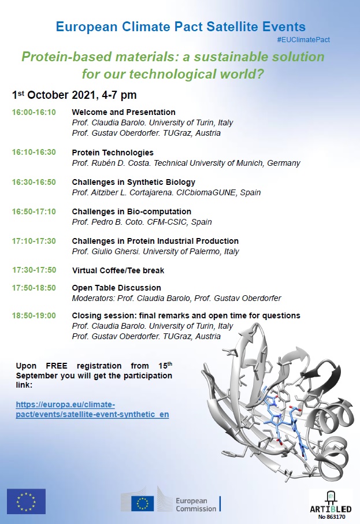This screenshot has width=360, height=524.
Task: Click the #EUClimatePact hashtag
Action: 303,40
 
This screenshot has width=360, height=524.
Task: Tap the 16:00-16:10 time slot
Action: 34,112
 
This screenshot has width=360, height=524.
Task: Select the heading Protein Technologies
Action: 113,153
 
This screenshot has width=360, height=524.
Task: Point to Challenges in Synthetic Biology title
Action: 133,182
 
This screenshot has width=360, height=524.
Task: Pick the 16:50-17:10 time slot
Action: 34,211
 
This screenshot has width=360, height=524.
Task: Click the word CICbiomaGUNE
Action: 231,192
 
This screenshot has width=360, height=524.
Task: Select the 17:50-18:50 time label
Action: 34,288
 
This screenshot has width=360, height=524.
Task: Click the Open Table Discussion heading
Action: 116,288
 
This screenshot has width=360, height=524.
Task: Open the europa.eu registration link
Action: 92,410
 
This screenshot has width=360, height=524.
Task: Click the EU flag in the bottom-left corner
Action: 26,501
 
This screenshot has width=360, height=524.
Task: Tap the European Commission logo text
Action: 196,504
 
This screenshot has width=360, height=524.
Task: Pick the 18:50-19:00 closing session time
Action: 34,315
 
